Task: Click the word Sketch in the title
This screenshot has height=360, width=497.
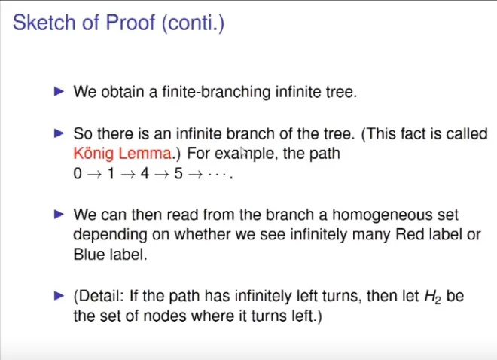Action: (44, 23)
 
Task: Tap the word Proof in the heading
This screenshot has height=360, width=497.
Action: (130, 23)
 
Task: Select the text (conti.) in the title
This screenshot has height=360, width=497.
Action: (193, 23)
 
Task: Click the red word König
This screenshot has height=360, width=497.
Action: (93, 154)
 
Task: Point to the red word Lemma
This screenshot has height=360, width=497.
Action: (145, 154)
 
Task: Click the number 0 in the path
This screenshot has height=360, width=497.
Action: (78, 174)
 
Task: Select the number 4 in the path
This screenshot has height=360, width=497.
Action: (145, 174)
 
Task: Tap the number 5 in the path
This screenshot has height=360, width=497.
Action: (178, 174)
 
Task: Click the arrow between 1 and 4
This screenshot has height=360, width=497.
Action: (128, 174)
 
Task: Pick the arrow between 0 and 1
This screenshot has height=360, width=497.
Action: (94, 174)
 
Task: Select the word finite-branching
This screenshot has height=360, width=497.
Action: (216, 92)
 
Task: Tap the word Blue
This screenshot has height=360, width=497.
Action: (89, 254)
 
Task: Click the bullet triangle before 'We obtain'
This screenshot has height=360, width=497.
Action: (59, 92)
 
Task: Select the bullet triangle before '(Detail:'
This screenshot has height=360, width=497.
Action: (59, 296)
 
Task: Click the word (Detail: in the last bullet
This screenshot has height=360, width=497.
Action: (99, 296)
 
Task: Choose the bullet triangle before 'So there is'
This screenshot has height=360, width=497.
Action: (59, 133)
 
